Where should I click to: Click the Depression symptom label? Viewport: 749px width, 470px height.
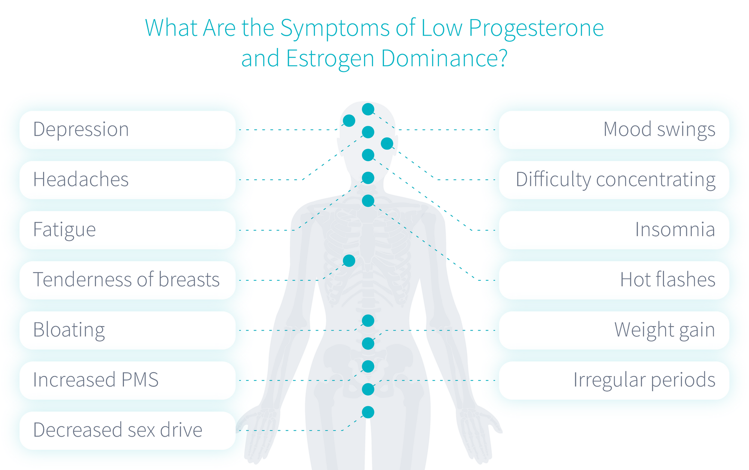[81, 130]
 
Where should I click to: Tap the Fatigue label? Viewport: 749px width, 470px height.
[64, 230]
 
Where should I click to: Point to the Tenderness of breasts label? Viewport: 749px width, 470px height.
[126, 280]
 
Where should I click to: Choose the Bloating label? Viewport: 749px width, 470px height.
[69, 330]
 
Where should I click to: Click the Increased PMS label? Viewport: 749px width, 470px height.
[95, 380]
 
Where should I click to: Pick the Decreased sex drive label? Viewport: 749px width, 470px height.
[118, 430]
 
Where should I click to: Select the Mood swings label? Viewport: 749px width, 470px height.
[659, 130]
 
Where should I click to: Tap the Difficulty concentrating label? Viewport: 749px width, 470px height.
[615, 180]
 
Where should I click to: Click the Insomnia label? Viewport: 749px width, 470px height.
[675, 230]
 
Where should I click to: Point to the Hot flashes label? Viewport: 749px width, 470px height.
[667, 280]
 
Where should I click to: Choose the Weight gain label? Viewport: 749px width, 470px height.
[664, 330]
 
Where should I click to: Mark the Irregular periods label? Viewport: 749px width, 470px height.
[644, 380]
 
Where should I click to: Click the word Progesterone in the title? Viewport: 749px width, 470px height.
[536, 28]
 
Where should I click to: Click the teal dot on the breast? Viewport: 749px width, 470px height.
[349, 260]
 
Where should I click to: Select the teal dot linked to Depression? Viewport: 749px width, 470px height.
[349, 121]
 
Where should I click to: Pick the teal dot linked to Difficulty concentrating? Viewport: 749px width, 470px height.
[387, 143]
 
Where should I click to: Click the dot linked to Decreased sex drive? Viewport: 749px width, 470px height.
[368, 412]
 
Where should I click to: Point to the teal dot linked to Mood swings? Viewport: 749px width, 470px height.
[368, 109]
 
